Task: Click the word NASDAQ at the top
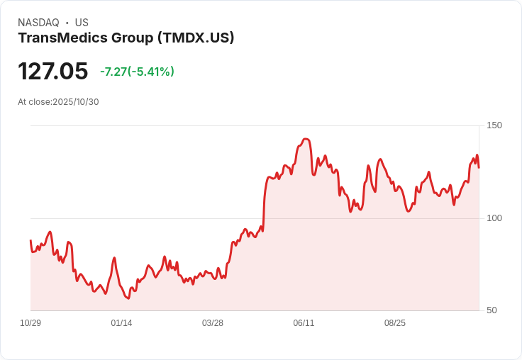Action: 38,23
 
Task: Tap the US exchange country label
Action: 82,23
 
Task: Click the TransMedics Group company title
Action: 85,38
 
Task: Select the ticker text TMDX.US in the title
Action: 196,38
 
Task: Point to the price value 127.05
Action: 52,72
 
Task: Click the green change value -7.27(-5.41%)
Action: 137,72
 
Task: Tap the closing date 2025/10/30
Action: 76,102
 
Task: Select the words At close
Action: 34,102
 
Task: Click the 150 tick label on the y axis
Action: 494,125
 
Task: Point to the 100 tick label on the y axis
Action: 494,218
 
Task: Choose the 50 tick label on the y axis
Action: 491,310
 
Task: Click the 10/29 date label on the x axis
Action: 30,323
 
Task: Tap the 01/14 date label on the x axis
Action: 121,323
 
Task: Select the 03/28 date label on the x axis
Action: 213,323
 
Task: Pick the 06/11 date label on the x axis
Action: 304,323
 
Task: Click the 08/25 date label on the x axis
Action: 395,323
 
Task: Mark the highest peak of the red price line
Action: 306,139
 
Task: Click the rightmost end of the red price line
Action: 479,167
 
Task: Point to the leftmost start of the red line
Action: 30,241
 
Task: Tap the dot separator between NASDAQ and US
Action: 67,23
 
